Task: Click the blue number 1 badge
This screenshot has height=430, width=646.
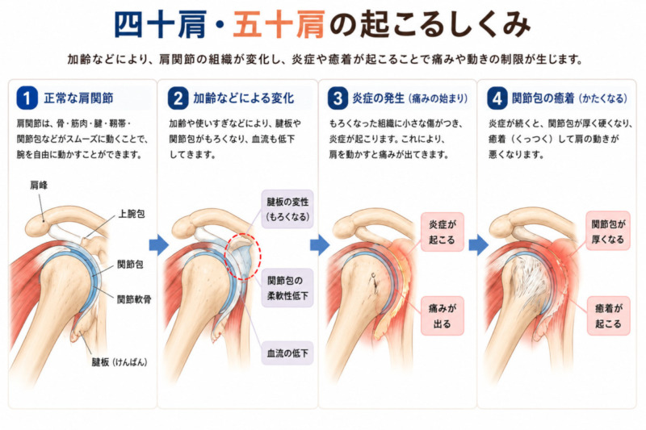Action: [x=27, y=98]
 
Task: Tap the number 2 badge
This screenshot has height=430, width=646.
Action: [x=178, y=98]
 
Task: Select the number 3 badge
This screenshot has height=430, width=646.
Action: [x=338, y=98]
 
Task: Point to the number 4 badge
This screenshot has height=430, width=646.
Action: [x=497, y=98]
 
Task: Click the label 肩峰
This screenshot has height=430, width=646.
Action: [x=39, y=186]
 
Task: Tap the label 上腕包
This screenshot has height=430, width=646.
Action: [x=132, y=214]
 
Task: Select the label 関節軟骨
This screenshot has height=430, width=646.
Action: [x=134, y=299]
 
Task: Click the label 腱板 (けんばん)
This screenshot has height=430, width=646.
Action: [x=120, y=362]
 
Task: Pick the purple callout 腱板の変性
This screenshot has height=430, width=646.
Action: [x=287, y=209]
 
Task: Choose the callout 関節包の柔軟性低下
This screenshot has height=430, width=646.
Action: [x=287, y=288]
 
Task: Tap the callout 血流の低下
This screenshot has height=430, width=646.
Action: [x=287, y=353]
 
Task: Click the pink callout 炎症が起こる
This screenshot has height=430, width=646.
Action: [x=443, y=232]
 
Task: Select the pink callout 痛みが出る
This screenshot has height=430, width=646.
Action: [x=443, y=315]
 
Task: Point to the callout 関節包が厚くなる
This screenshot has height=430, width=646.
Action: [x=609, y=231]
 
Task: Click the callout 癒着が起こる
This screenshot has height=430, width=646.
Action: [x=609, y=315]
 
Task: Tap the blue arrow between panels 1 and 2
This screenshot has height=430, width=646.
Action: [x=158, y=245]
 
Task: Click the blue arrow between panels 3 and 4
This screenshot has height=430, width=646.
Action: [x=479, y=245]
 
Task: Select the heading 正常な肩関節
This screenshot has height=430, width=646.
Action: [x=78, y=98]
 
